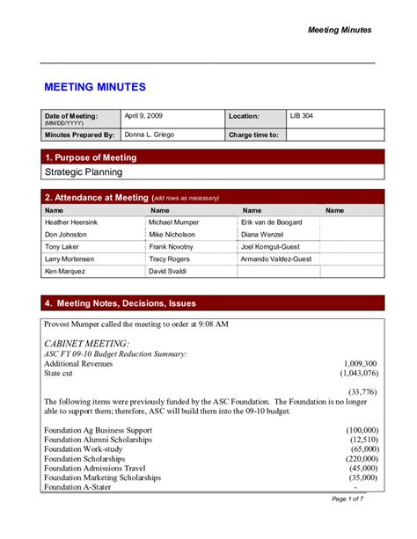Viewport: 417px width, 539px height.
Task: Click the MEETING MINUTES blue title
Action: [95, 87]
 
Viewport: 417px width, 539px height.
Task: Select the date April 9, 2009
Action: [143, 115]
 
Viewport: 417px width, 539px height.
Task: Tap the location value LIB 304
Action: [302, 115]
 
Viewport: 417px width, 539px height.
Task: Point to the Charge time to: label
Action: [253, 135]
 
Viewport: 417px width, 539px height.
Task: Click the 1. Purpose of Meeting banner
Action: [91, 157]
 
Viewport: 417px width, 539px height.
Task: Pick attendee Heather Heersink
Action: [71, 222]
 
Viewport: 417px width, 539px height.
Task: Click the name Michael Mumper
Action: [173, 222]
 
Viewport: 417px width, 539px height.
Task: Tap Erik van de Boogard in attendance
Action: [272, 222]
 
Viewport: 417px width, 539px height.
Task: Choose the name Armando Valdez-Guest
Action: [276, 259]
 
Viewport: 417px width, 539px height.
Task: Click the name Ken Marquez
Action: [64, 273]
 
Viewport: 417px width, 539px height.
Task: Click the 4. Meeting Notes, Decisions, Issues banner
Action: [120, 303]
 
